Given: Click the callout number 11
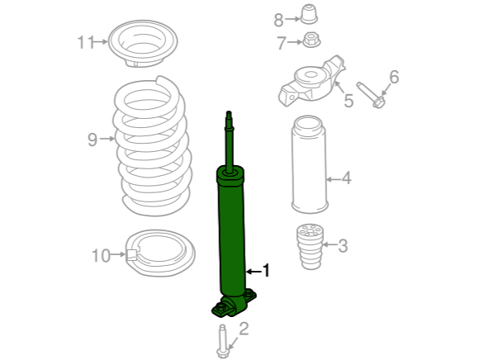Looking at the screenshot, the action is click(x=85, y=42).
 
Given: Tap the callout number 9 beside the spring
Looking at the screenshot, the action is click(x=93, y=140).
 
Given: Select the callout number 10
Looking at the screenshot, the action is click(x=101, y=256).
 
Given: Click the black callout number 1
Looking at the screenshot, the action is click(x=266, y=271).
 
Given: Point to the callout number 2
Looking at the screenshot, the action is click(x=244, y=329).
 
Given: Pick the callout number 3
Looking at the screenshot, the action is click(x=343, y=246).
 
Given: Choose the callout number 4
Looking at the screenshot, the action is click(x=346, y=178).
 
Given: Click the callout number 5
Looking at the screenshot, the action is click(x=349, y=101).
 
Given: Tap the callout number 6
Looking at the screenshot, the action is click(x=394, y=77).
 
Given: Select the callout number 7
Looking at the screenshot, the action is click(x=282, y=43).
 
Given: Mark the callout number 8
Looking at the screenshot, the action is click(x=278, y=21).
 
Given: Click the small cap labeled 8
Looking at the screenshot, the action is click(x=309, y=14).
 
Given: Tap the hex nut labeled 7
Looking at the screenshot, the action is click(x=311, y=40).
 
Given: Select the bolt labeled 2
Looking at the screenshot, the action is click(x=222, y=341).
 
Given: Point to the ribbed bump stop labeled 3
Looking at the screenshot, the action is click(x=310, y=247).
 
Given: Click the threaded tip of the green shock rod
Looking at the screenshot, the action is click(x=229, y=115).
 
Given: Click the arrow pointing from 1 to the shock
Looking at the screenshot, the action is click(x=254, y=272).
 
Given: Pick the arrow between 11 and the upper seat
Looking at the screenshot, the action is click(x=101, y=41).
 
